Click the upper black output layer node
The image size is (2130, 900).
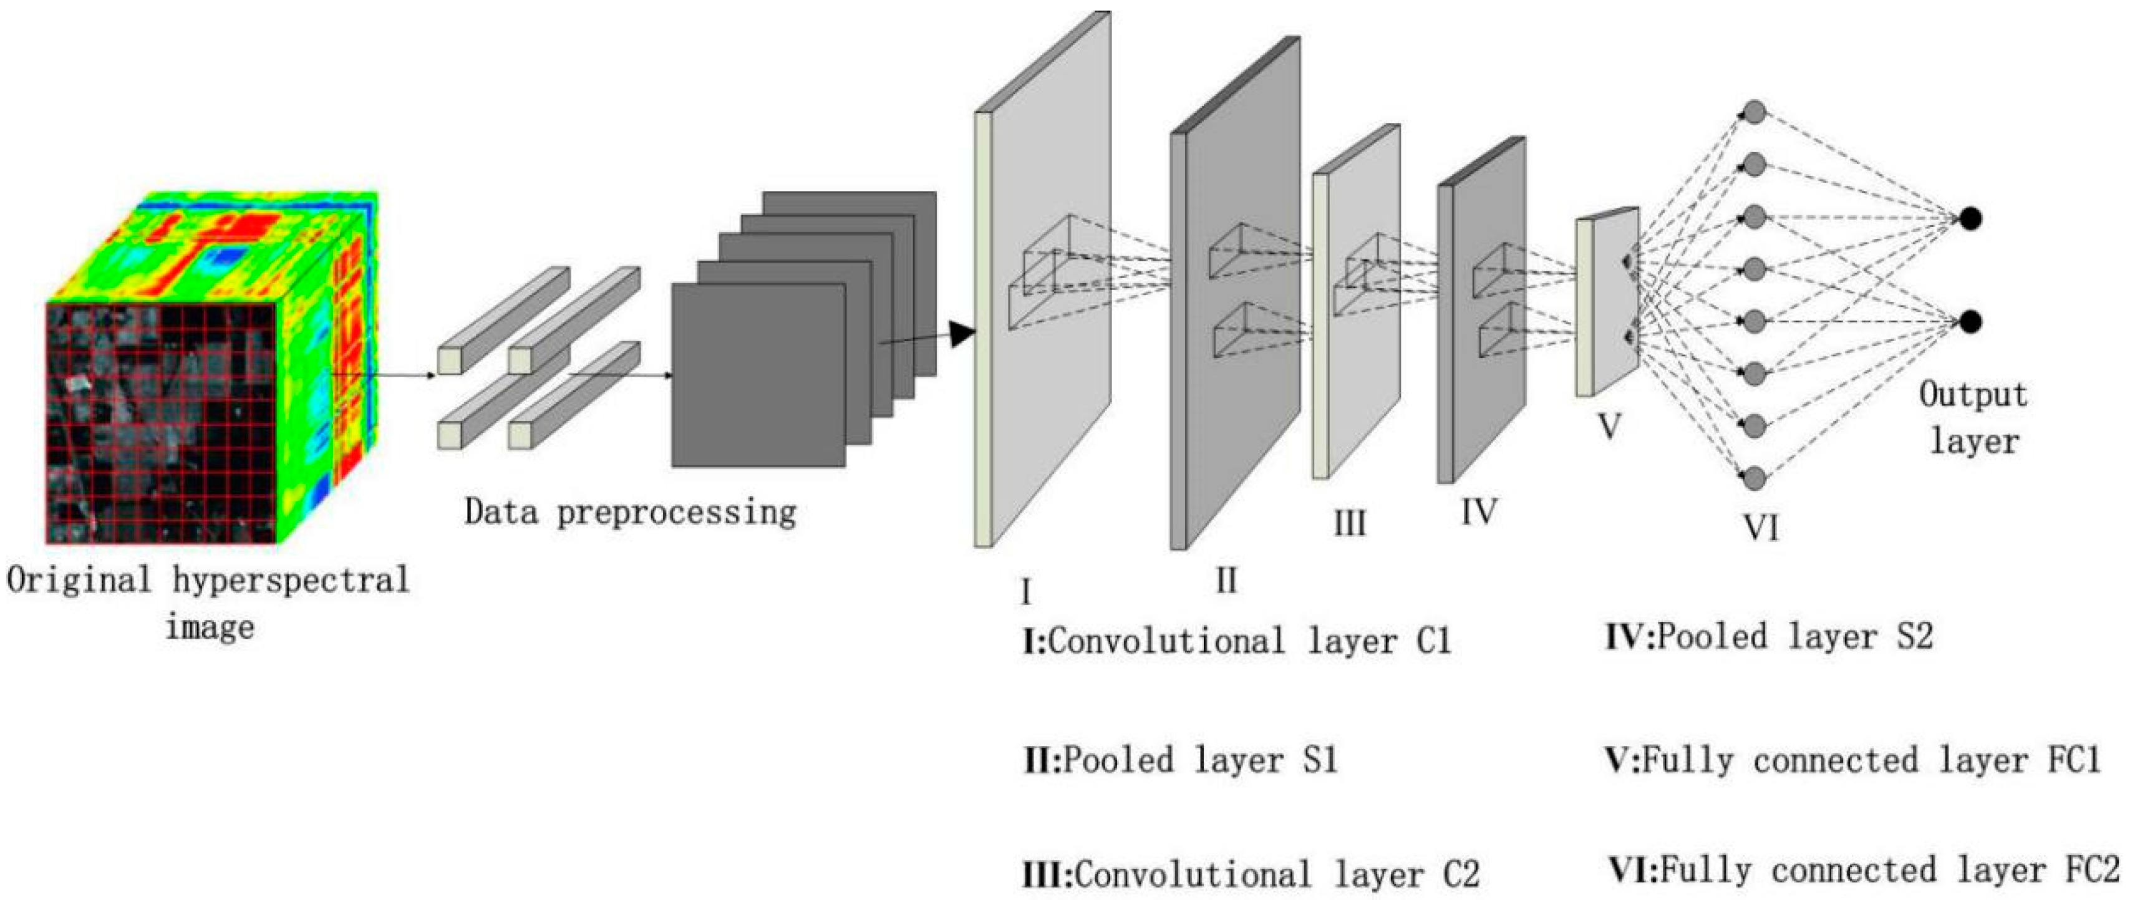click(1970, 219)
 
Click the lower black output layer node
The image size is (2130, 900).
click(1970, 321)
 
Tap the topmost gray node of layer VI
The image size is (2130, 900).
click(1755, 112)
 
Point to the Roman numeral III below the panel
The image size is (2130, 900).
click(1350, 524)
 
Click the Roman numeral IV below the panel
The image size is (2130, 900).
click(1478, 512)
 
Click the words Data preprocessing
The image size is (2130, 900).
click(630, 512)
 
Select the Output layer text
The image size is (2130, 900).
click(1973, 418)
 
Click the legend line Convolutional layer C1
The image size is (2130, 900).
click(1237, 642)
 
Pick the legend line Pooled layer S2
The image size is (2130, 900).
click(1769, 637)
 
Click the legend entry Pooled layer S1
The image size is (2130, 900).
click(1181, 760)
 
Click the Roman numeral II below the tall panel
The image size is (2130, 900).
click(1226, 581)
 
